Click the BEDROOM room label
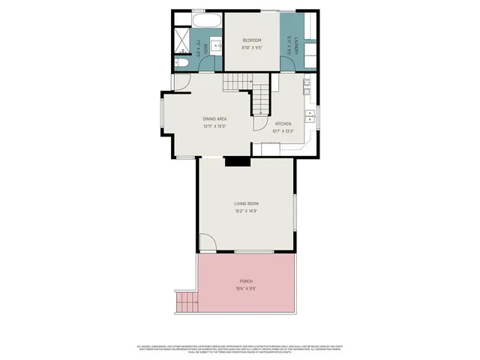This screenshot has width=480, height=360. (x=252, y=40)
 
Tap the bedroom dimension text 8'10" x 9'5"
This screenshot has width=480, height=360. (x=252, y=48)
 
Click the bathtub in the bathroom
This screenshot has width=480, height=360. (x=205, y=19)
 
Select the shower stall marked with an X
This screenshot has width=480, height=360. (x=182, y=39)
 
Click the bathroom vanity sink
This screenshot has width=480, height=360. (x=215, y=46)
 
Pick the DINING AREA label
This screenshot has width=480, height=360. (x=215, y=118)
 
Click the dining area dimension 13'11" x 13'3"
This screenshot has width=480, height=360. (x=215, y=126)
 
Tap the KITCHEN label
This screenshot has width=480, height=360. (x=283, y=124)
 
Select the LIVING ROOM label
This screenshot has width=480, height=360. (x=246, y=203)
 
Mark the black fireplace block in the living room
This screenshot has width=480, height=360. (x=237, y=160)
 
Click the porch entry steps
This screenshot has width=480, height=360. (x=185, y=303)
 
